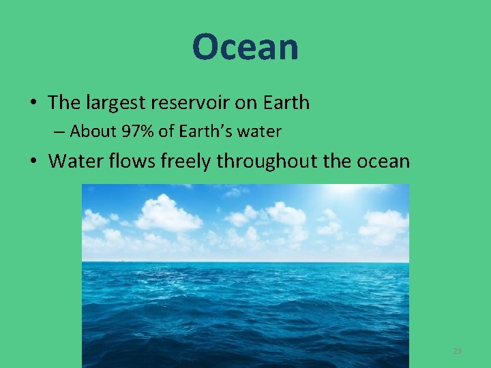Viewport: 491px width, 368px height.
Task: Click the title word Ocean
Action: [x=245, y=48]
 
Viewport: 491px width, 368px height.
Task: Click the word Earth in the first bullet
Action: [x=284, y=103]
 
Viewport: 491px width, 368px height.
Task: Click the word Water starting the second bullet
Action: [x=74, y=162]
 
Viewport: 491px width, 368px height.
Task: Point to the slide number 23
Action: [x=457, y=351]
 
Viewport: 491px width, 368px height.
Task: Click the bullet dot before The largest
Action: [x=33, y=104]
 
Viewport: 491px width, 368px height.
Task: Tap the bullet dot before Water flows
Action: [x=33, y=162]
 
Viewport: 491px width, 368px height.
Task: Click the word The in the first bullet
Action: [x=64, y=103]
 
